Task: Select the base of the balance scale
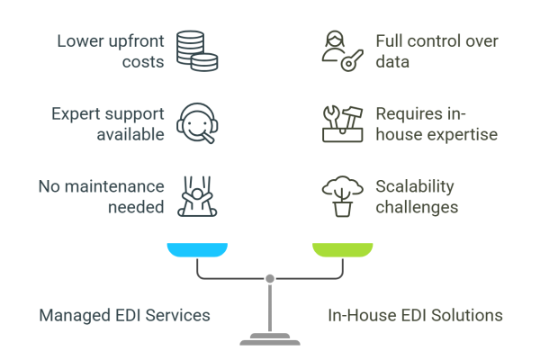coord(269,339)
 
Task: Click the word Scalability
coord(415,186)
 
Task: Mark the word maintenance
coord(121,187)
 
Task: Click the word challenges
coord(418,208)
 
